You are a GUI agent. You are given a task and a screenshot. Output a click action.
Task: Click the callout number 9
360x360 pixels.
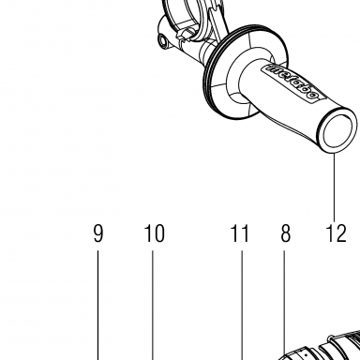[98, 233]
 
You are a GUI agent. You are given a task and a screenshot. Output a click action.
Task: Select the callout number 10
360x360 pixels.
[154, 233]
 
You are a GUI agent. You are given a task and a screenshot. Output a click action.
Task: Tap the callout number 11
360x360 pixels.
[240, 233]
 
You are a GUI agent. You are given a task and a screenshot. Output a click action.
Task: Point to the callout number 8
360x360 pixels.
[285, 233]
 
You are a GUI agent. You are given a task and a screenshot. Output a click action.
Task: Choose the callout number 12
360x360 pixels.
[336, 233]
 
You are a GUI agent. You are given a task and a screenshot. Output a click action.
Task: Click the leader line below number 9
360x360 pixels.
[97, 305]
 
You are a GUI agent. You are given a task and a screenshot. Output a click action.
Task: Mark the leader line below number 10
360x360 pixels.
[153, 305]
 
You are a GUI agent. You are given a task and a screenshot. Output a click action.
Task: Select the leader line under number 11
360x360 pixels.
[242, 305]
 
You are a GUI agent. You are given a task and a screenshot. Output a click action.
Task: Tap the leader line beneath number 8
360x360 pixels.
[284, 303]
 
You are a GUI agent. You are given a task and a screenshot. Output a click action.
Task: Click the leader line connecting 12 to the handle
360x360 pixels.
[334, 187]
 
